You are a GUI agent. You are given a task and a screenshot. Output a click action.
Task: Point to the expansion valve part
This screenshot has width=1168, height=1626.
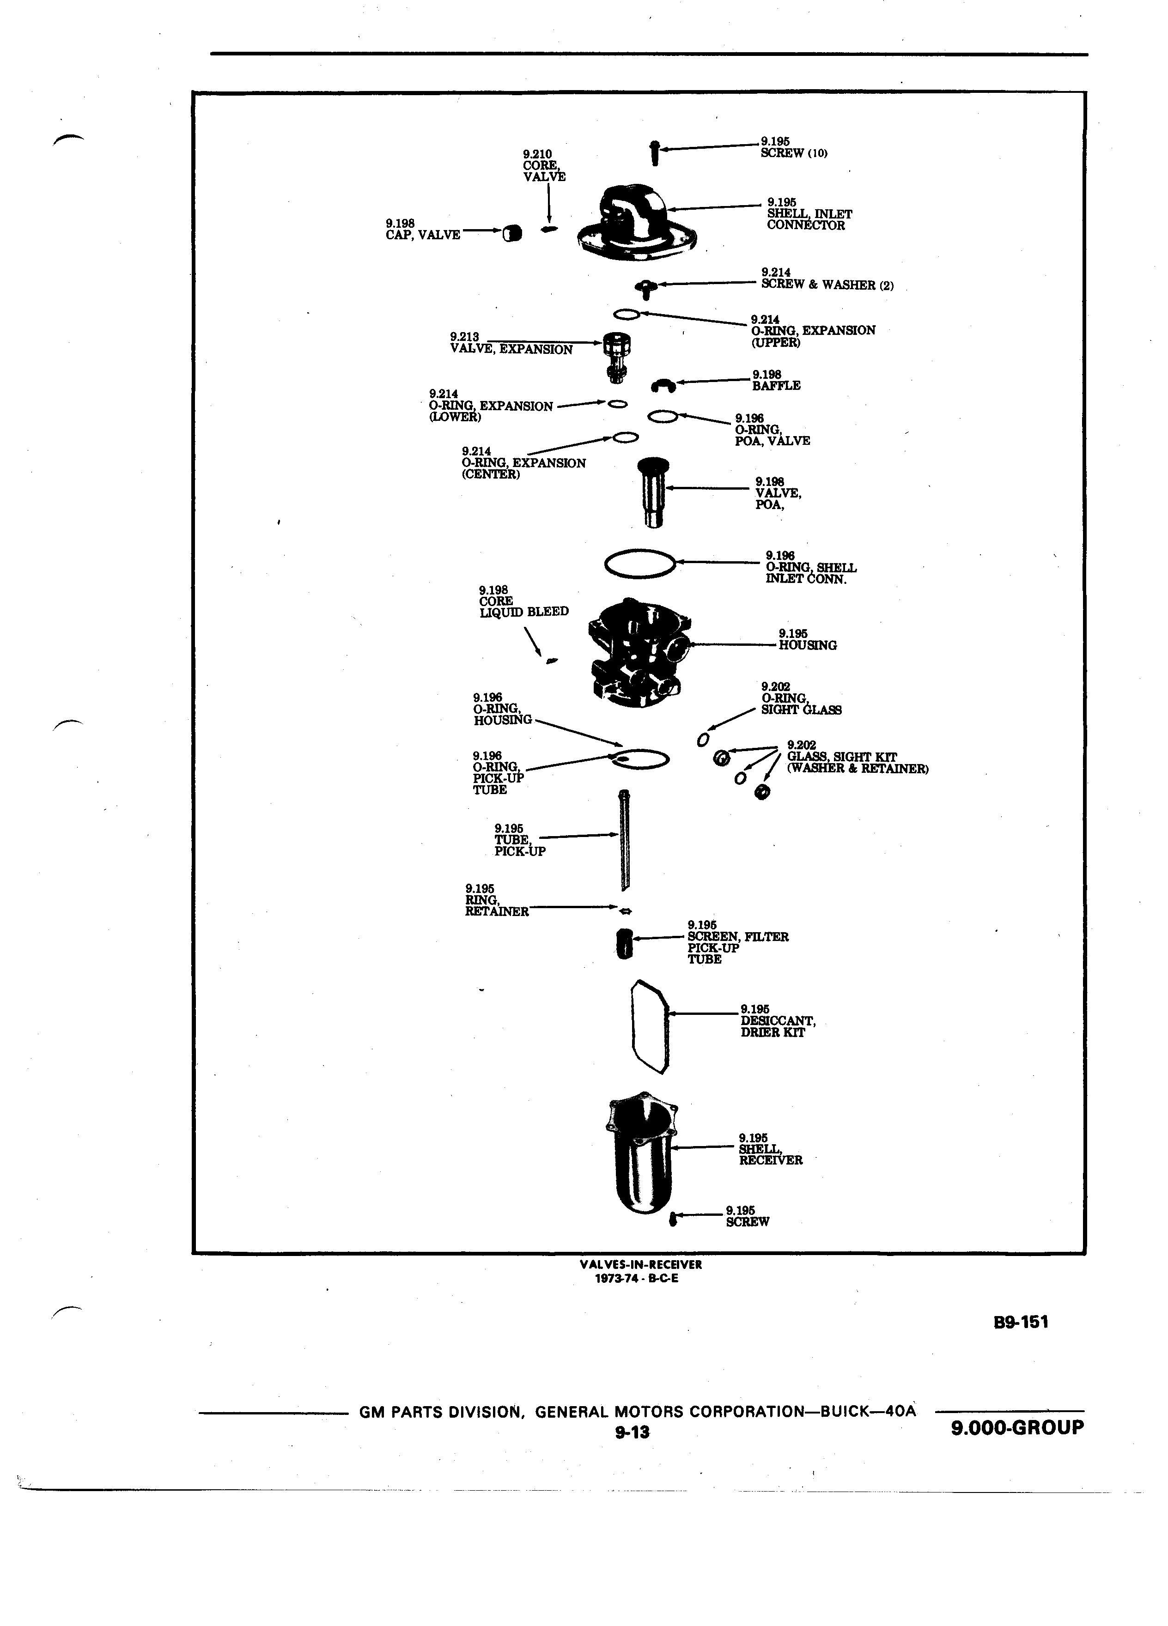click(x=617, y=356)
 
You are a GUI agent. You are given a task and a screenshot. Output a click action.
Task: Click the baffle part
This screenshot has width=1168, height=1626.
click(x=663, y=386)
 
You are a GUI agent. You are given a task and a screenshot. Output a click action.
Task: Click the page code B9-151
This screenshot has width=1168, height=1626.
click(x=1021, y=1322)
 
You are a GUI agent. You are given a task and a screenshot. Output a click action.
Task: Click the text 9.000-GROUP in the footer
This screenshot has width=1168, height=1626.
click(x=1017, y=1427)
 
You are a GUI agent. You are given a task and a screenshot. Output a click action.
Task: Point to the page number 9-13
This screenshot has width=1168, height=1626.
click(x=632, y=1432)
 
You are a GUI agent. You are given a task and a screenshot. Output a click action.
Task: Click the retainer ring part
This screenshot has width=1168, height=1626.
click(x=625, y=910)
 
